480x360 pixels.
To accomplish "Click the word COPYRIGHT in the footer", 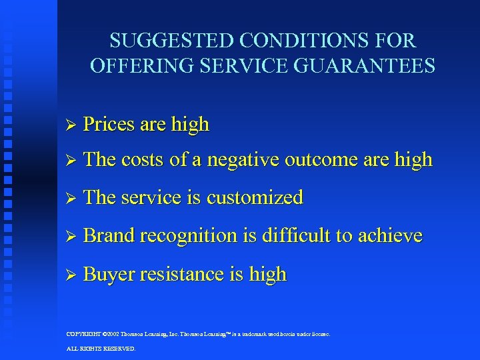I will [83, 334].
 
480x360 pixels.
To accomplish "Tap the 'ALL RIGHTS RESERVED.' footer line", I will [101, 349].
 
